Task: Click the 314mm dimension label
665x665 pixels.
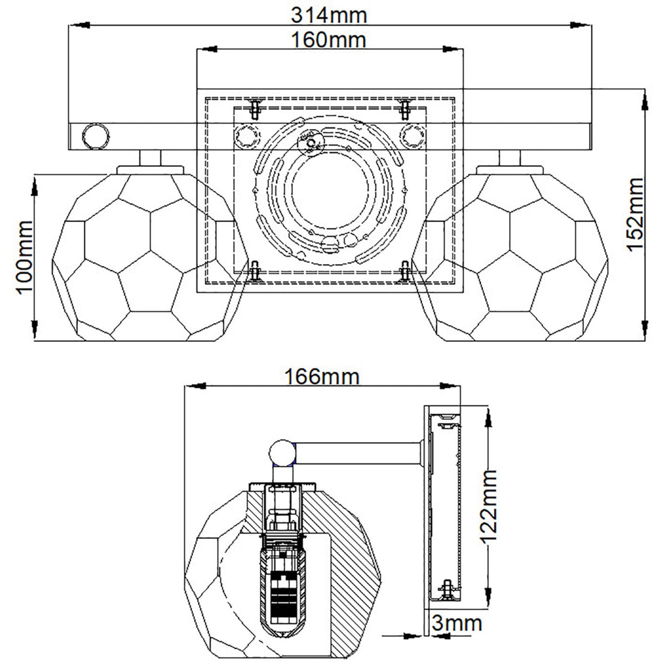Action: (x=329, y=16)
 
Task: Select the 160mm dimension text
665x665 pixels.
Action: (x=329, y=40)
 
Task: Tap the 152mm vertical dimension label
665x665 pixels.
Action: (x=635, y=214)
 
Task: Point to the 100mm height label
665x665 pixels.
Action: (x=24, y=258)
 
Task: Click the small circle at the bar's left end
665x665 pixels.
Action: (x=96, y=136)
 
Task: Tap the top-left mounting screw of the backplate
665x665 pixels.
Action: (x=255, y=109)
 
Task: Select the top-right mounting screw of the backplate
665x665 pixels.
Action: (x=405, y=109)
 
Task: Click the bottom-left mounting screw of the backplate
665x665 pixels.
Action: (x=255, y=271)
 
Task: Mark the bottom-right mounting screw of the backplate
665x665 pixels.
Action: (x=405, y=271)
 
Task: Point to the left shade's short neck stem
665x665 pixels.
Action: (x=151, y=158)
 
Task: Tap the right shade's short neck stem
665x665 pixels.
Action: (x=510, y=158)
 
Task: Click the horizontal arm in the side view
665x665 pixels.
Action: (x=359, y=453)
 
